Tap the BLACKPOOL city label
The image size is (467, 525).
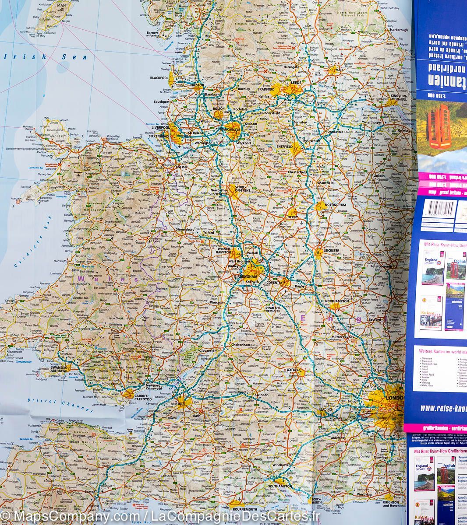point(159,78)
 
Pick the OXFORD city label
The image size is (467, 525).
point(293,370)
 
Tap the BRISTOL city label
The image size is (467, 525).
point(178,404)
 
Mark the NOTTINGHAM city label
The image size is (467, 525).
point(336,205)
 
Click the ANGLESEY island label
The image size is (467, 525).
point(57,136)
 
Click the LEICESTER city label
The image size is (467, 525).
point(331,251)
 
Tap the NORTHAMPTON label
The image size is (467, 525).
point(337,301)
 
